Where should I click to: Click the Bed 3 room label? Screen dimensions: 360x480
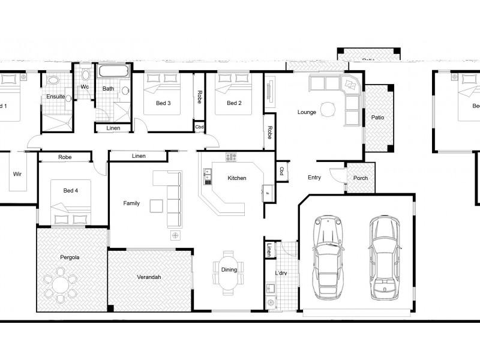[x=163, y=103]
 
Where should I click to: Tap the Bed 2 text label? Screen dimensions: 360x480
[x=234, y=103]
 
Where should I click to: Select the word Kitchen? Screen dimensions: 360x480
[x=237, y=178]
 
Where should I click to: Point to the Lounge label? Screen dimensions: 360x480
[x=307, y=112]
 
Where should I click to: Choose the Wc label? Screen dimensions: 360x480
[x=85, y=87]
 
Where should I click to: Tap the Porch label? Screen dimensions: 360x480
[x=361, y=178]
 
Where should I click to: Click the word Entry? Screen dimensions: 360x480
[x=314, y=178]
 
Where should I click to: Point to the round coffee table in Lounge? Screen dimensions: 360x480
[x=328, y=109]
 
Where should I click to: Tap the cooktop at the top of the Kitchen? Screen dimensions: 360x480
[x=232, y=157]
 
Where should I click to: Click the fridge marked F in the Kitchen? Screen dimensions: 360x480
[x=267, y=192]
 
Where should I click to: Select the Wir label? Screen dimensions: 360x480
[x=17, y=175]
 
